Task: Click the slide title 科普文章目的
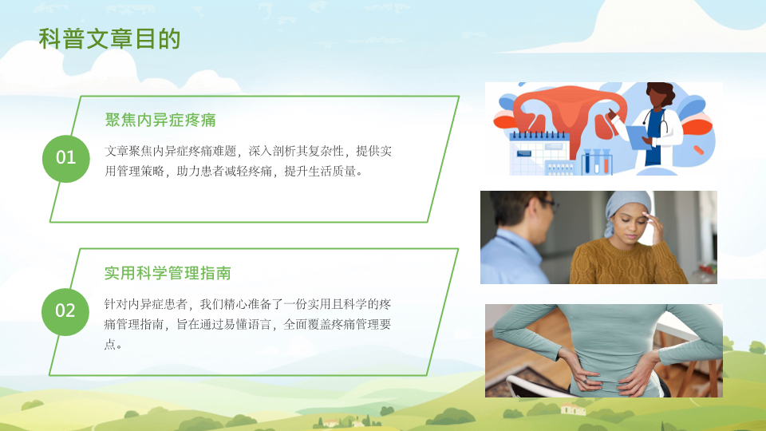pos(110,39)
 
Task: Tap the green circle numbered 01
pos(66,158)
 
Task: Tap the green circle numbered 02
pos(65,311)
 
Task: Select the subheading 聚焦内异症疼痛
pos(160,120)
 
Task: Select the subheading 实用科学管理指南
pos(168,273)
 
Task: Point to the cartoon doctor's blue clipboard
pos(639,137)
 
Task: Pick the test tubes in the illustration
pos(597,162)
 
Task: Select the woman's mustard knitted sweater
pos(628,262)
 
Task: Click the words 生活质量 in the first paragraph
pos(332,172)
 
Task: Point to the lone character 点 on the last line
pos(110,344)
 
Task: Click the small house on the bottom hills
pos(573,409)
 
